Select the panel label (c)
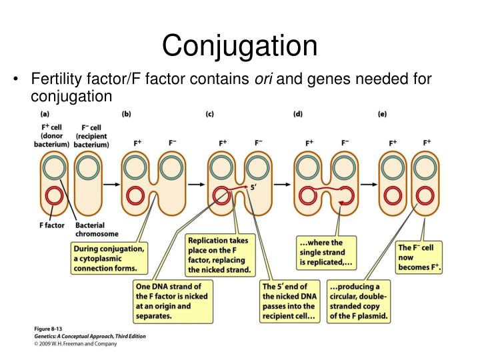(x=209, y=114)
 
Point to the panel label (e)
(x=382, y=114)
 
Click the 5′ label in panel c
(x=253, y=188)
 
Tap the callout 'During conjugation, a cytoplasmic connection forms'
(x=109, y=259)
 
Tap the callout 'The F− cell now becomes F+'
(x=420, y=257)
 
